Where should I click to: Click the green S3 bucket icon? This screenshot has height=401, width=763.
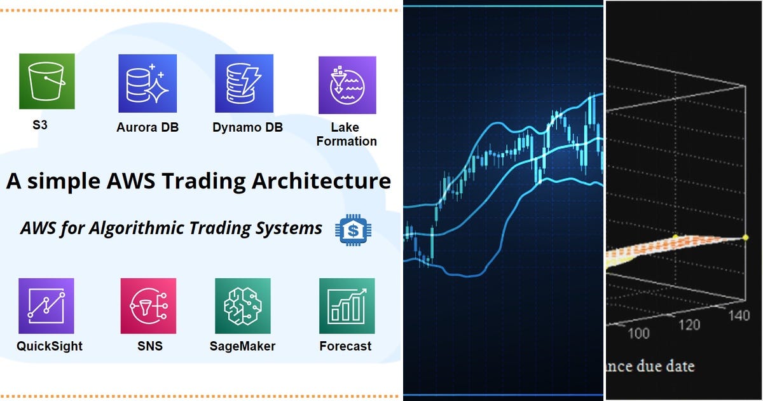click(x=47, y=81)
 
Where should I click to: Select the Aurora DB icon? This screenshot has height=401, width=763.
click(x=148, y=83)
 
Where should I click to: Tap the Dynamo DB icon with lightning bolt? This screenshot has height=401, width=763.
click(x=244, y=83)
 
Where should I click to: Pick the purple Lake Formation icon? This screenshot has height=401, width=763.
click(x=347, y=85)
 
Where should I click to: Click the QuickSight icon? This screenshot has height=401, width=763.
click(x=46, y=306)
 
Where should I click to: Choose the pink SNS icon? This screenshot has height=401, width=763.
click(x=148, y=306)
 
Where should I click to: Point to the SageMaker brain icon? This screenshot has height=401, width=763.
click(x=243, y=306)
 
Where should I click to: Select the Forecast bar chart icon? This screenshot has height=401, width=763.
click(x=347, y=306)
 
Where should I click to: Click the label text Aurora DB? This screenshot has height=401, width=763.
click(x=148, y=127)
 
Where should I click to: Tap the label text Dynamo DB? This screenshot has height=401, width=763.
click(x=247, y=127)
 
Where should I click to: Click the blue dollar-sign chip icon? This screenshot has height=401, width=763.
click(x=352, y=230)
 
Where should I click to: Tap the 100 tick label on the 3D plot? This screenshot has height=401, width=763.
click(x=638, y=334)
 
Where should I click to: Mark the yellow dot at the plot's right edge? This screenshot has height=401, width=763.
click(x=746, y=237)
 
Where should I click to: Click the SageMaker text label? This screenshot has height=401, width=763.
click(x=242, y=346)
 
